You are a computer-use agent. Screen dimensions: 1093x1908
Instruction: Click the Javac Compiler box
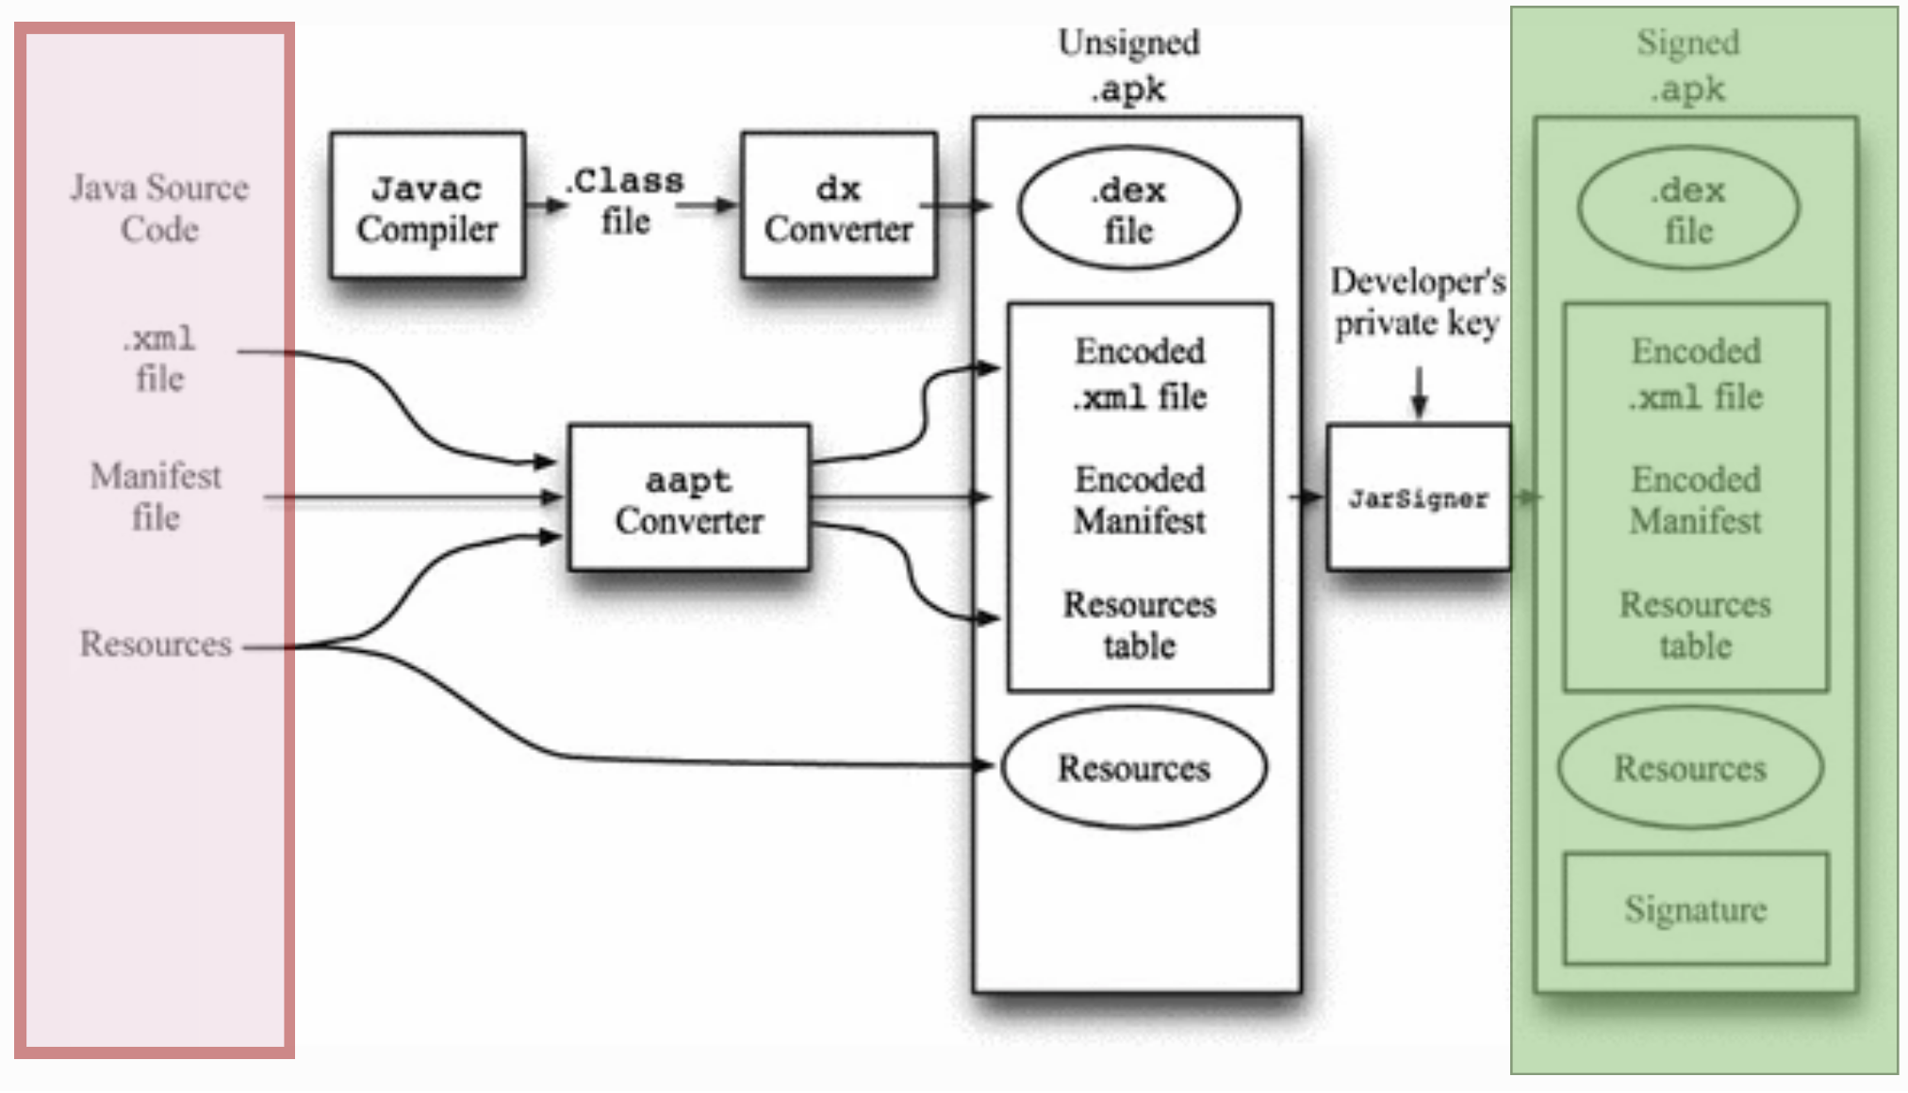point(427,206)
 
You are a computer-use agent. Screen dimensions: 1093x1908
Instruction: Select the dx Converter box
point(838,206)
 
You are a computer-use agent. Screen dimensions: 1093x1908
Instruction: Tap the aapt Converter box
point(689,498)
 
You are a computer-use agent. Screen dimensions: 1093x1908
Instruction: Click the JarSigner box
point(1418,498)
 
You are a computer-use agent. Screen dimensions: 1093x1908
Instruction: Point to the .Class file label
point(627,201)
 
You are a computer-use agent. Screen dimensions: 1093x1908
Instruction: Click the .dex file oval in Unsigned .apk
point(1128,208)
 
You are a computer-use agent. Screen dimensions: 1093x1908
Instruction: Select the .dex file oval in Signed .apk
point(1688,208)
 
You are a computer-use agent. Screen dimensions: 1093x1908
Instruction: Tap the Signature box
point(1695,909)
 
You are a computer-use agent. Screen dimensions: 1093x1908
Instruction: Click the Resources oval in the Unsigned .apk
point(1134,768)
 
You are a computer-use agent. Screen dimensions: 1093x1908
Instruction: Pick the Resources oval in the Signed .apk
point(1690,768)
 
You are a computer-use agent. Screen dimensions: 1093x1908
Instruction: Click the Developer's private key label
point(1417,302)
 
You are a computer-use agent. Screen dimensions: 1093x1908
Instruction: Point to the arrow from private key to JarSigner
point(1419,391)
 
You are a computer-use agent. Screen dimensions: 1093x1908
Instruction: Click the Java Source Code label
point(159,208)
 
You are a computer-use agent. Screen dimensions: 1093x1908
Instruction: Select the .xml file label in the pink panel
point(159,358)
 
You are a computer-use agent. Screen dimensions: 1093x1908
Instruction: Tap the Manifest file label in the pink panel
point(156,497)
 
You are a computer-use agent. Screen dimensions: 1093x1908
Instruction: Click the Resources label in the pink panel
point(156,644)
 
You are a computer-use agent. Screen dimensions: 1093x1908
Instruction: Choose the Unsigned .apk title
point(1128,66)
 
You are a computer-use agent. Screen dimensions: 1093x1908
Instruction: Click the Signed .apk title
point(1687,66)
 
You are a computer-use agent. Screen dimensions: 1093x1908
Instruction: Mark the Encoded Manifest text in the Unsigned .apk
point(1140,499)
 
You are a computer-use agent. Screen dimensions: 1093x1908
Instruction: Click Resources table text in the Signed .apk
point(1695,625)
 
